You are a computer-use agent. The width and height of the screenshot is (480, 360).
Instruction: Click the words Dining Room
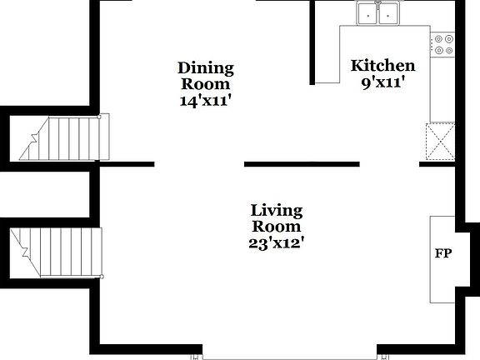[206, 75]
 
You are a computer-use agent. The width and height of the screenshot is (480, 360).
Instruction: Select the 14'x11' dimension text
[206, 100]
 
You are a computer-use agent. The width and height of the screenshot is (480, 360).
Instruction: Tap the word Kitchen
[382, 66]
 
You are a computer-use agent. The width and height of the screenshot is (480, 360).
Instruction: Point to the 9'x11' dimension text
[382, 82]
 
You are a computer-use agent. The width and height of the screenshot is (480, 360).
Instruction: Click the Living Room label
[277, 217]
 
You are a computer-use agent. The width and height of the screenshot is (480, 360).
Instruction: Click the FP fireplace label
[442, 253]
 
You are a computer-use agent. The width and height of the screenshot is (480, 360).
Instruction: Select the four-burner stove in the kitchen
[442, 44]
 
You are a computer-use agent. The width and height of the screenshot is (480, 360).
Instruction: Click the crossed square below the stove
[440, 141]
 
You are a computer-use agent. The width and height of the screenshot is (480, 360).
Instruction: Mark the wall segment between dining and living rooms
[301, 164]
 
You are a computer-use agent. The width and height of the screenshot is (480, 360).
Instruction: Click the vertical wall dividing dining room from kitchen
[312, 42]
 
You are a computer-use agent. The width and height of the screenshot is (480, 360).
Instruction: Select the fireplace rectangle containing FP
[442, 259]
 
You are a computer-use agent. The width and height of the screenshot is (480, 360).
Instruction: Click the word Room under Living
[277, 226]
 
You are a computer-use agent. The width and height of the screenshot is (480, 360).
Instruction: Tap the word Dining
[206, 67]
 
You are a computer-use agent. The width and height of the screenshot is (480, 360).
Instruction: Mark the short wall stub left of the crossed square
[432, 164]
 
